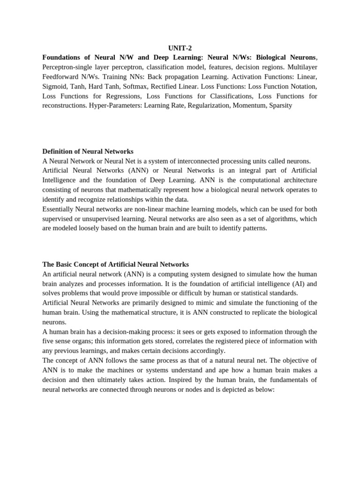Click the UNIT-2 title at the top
tap(180, 48)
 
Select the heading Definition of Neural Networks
tap(88, 151)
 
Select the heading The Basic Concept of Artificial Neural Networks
tap(115, 264)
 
